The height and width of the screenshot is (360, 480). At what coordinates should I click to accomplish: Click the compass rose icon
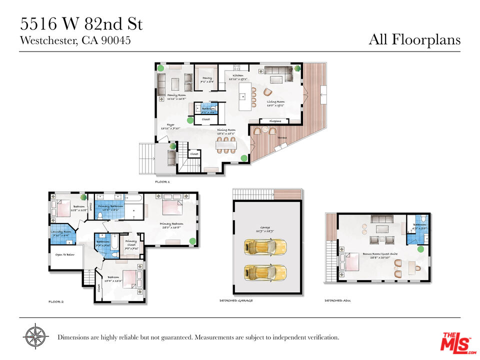[x=35, y=337]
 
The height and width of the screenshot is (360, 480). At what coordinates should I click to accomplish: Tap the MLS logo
[x=455, y=342]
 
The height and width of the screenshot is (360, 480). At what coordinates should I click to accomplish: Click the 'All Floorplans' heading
[x=414, y=39]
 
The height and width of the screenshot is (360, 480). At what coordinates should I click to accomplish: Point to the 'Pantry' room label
[x=207, y=78]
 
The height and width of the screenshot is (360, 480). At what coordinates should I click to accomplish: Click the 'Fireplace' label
[x=275, y=121]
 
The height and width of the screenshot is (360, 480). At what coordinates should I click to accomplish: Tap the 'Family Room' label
[x=176, y=95]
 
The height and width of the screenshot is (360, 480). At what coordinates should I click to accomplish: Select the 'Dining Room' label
[x=226, y=130]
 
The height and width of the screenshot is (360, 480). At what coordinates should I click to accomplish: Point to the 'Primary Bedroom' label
[x=171, y=223]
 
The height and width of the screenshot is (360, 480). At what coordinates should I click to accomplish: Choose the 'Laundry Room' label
[x=61, y=231]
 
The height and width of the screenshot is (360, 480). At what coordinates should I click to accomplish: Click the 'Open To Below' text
[x=65, y=254]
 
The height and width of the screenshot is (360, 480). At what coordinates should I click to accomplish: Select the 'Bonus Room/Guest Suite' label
[x=380, y=254]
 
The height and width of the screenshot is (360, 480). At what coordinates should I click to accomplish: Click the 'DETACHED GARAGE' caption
[x=236, y=301]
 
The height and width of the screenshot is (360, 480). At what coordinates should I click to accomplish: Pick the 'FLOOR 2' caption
[x=56, y=302]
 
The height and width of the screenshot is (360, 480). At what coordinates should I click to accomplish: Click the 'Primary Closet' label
[x=131, y=242]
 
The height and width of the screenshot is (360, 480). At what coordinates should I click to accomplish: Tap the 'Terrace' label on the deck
[x=282, y=136]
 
